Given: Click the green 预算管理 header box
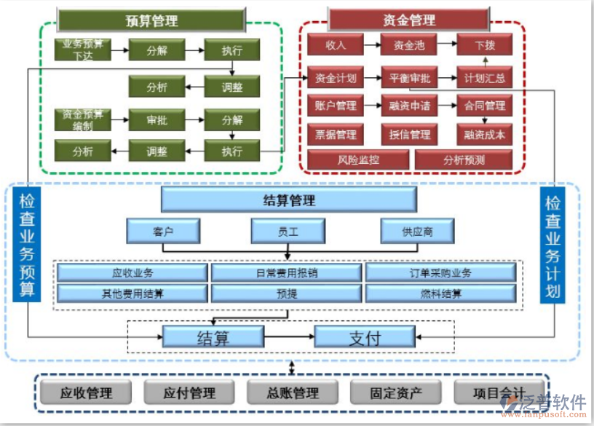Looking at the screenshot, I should pos(151,20).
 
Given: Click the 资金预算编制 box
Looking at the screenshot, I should pos(82,119).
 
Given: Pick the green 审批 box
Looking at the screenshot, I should pos(157,119).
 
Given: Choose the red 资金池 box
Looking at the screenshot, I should pos(409,45).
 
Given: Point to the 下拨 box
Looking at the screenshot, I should pos(485,45).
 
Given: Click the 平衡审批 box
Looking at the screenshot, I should pos(409,77).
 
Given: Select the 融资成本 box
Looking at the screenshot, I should pos(485,133).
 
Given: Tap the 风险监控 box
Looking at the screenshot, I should pos(357,159).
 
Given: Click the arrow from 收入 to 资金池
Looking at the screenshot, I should pos(372,45).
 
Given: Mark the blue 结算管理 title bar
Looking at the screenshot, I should pos(289,200).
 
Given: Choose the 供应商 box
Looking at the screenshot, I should pos(417,232).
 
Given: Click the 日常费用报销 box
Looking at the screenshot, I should pos(286,273).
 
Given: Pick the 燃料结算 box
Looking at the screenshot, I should pos(440,293).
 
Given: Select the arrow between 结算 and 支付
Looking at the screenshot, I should pos(289,336).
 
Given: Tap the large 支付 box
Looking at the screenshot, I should pos(364,336).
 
